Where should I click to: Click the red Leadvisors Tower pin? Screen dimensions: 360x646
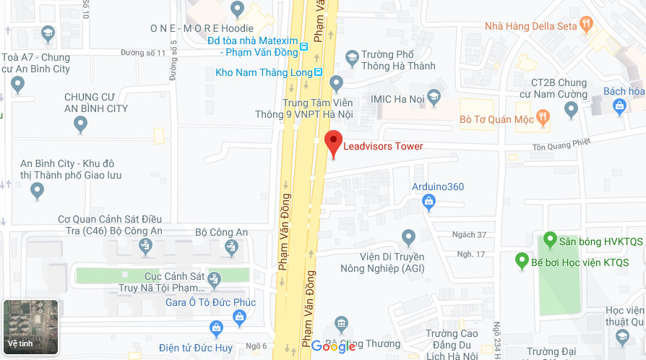point(333,142)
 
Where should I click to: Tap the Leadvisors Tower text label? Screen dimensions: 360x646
point(383,147)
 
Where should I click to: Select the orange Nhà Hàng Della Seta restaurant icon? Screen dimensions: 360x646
point(587,25)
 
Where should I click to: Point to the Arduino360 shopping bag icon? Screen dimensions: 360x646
point(429,202)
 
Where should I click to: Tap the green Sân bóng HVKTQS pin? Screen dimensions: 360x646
point(550,240)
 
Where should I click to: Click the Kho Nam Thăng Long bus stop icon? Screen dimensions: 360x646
point(318,72)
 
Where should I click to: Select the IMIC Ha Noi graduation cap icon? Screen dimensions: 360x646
point(434,96)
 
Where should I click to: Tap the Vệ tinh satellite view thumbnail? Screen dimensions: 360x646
point(30,327)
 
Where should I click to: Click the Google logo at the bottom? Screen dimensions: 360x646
point(333,346)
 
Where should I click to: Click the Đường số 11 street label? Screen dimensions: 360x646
point(143,53)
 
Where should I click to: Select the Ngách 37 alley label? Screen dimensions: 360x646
point(469,234)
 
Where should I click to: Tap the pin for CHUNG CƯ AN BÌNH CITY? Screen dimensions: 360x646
point(81,125)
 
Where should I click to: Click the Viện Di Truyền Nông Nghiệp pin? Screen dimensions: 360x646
point(408,236)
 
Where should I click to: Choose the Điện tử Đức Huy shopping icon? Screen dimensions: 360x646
point(215,328)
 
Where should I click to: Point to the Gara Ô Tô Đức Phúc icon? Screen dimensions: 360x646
point(240,317)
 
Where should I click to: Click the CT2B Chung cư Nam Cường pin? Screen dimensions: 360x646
point(571,110)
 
